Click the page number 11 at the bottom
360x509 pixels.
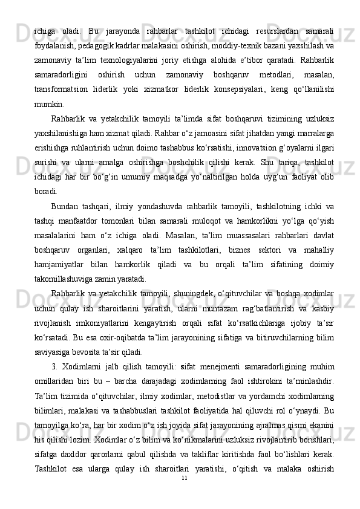(x=185, y=494)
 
